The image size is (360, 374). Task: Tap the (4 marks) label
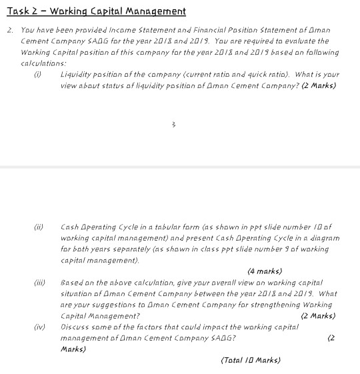coord(264,271)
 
